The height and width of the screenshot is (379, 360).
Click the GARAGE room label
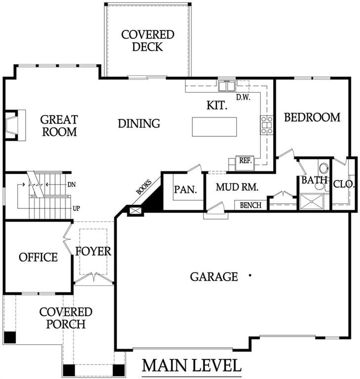tap(214, 277)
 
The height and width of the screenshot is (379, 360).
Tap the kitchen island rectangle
tap(214, 127)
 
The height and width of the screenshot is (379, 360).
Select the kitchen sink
tap(227, 86)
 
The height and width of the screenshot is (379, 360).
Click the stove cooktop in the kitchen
tap(266, 125)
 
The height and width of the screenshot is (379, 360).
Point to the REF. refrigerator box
tap(245, 163)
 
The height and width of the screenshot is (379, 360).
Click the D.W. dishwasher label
tap(243, 98)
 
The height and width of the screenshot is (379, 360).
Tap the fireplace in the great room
tap(15, 125)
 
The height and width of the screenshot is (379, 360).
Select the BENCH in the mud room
tap(251, 205)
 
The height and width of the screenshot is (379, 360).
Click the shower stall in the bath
tap(312, 201)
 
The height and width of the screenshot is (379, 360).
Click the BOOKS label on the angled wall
tap(144, 187)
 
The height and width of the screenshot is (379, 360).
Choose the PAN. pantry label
tap(186, 189)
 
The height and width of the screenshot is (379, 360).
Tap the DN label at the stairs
tap(72, 185)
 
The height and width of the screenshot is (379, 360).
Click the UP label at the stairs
tap(76, 208)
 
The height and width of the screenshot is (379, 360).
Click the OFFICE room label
tap(38, 258)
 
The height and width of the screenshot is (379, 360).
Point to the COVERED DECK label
tap(148, 40)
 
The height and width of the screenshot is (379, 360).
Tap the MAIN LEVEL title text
tap(192, 365)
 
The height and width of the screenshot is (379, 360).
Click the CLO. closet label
tap(344, 185)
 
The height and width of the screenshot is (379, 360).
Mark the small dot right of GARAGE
tap(250, 275)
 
